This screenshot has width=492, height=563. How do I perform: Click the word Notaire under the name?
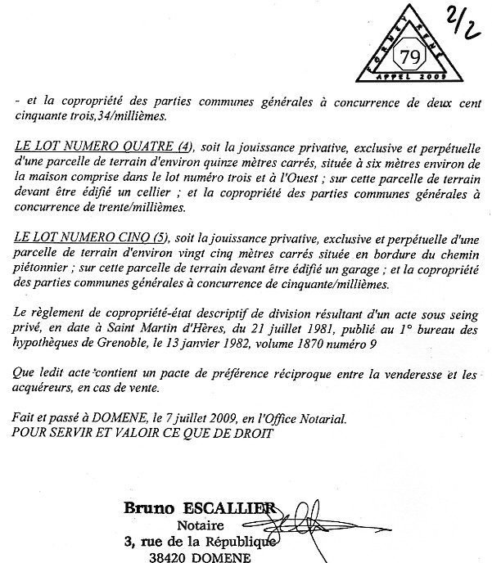201,525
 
